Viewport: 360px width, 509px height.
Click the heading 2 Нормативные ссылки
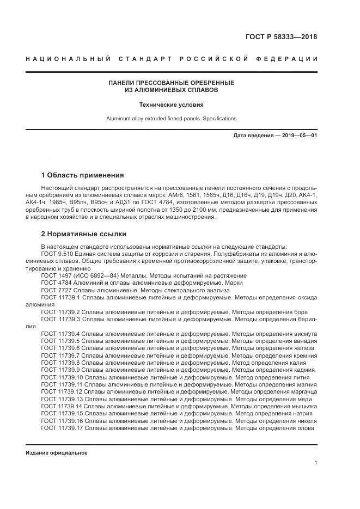(x=84, y=234)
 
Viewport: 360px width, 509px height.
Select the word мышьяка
(x=304, y=406)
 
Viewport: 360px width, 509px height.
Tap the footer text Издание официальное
(x=57, y=453)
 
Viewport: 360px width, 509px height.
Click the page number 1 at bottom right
(x=315, y=463)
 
